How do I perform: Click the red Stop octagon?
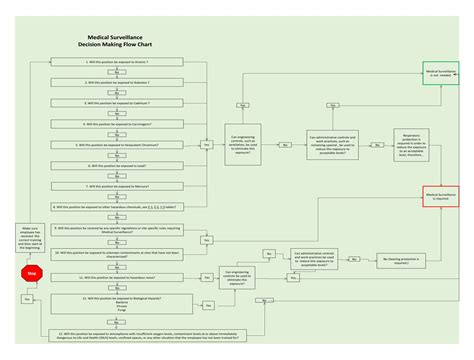coord(31,272)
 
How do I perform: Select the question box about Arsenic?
coord(119,62)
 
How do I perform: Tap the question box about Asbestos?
coord(119,83)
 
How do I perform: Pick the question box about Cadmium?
coord(119,103)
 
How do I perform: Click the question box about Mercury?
coord(119,187)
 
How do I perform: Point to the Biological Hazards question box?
coord(119,305)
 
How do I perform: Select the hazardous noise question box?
coord(119,277)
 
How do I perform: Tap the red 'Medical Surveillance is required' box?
coord(441,195)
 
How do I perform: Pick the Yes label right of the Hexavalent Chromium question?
coord(207,145)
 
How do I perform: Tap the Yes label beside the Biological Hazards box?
coord(207,305)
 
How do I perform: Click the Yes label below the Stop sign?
coord(26,299)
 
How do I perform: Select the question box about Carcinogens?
coord(119,124)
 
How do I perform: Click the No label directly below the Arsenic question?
coord(119,72)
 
